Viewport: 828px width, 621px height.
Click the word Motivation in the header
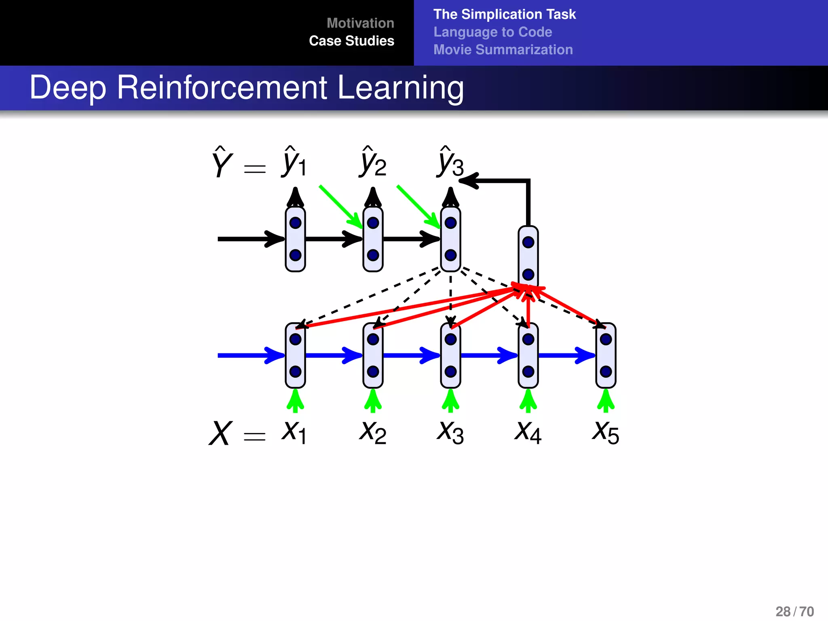(x=360, y=23)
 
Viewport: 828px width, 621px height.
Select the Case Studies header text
(x=351, y=41)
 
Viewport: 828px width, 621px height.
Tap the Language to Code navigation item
(x=492, y=32)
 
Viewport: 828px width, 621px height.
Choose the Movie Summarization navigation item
(x=503, y=50)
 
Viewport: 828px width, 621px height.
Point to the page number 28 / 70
(x=794, y=611)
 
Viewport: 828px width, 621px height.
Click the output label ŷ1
(x=294, y=163)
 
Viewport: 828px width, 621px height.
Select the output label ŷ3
(x=450, y=163)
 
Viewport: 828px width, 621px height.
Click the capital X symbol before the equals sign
(x=220, y=433)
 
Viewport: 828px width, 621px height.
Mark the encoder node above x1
(x=295, y=355)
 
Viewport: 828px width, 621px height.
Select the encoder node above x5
(x=606, y=355)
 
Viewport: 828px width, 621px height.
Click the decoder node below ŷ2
(x=373, y=239)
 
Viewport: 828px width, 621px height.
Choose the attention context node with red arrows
(x=528, y=258)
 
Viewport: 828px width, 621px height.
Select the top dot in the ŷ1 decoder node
(x=295, y=223)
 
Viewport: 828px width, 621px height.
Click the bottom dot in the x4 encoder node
(x=528, y=371)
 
